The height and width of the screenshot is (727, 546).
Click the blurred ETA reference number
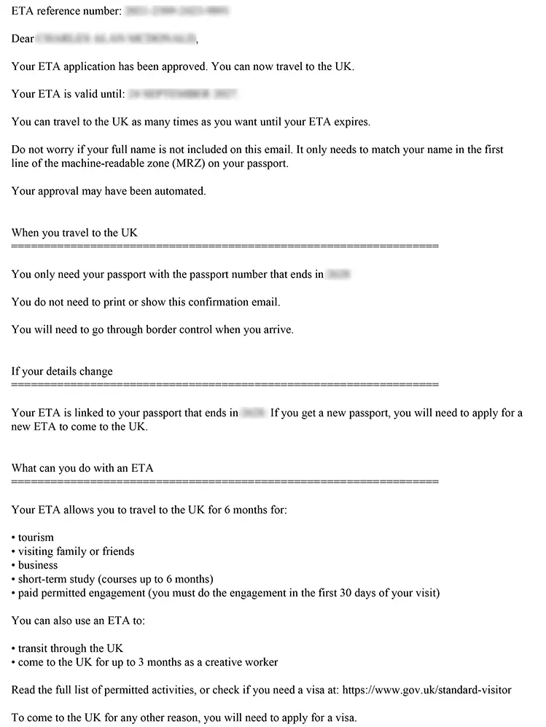click(177, 11)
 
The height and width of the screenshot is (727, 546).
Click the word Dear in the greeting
click(23, 39)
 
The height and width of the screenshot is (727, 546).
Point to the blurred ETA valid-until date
click(183, 94)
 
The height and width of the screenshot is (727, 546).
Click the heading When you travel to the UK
click(74, 233)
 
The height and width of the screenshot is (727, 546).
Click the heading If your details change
click(62, 371)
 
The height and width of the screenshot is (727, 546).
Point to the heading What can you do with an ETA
click(82, 468)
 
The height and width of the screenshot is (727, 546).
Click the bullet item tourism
click(36, 537)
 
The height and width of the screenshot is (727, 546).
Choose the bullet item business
click(38, 565)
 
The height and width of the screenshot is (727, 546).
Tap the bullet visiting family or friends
click(76, 551)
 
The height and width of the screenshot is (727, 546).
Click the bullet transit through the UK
click(71, 648)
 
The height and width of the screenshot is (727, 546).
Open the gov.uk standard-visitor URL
click(426, 690)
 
